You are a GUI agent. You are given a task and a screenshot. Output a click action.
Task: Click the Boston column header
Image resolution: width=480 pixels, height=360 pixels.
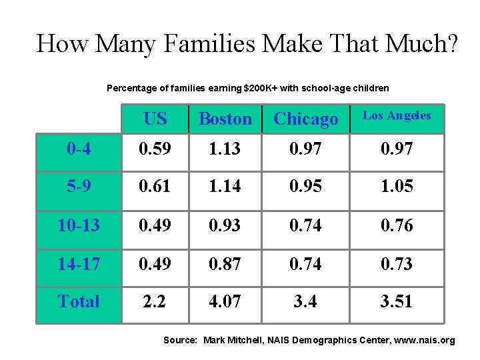225,119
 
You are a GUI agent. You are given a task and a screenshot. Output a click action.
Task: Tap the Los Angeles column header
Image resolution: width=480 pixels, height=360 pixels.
397,116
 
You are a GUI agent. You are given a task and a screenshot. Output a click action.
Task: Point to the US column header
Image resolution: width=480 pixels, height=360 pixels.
155,119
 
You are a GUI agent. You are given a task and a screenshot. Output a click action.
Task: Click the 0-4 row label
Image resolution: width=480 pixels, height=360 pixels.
79,149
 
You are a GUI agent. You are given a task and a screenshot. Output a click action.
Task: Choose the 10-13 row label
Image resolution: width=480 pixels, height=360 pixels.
79,225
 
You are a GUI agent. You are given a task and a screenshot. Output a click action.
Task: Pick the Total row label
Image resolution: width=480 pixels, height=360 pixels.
79,301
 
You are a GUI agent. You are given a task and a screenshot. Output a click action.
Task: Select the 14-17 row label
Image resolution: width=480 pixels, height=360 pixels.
79,263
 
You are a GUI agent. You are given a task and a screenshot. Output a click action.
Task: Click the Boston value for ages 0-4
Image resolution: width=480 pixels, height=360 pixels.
225,149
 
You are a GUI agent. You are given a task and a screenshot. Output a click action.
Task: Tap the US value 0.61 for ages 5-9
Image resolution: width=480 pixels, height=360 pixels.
154,186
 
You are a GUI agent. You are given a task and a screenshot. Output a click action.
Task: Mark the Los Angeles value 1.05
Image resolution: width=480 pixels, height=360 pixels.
397,186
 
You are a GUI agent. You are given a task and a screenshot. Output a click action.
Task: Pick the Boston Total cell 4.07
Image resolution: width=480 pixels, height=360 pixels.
225,301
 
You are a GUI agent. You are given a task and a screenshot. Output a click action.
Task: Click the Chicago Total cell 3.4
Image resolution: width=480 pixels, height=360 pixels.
305,301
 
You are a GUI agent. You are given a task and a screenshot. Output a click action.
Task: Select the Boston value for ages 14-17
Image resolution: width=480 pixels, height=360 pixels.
225,263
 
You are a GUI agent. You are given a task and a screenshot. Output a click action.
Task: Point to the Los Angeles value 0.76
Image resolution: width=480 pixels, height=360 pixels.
397,225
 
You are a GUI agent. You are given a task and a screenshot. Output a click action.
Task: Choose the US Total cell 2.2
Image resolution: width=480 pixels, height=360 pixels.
154,301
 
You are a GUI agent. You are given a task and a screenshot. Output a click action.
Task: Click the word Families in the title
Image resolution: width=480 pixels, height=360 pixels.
209,43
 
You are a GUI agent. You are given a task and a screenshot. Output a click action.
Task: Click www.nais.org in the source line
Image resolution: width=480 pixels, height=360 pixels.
424,341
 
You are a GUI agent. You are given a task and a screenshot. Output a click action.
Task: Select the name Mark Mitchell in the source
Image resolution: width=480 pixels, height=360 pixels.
233,340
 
